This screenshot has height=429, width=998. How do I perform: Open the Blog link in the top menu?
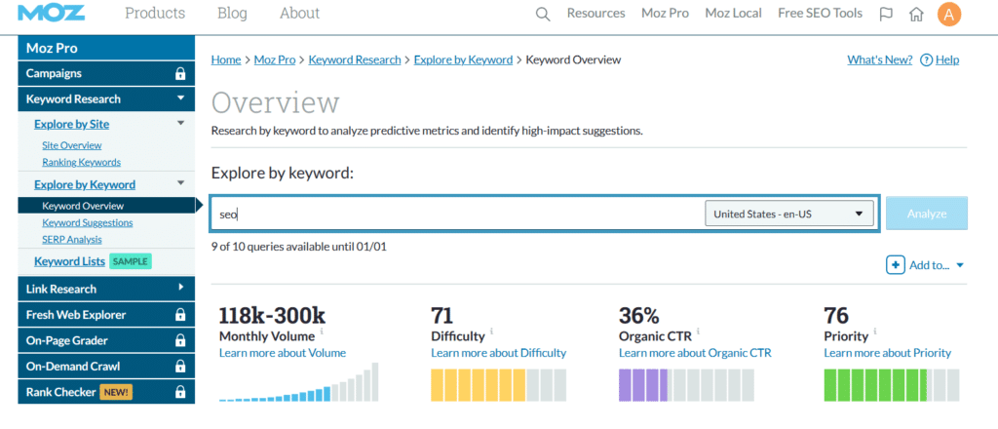click(x=232, y=14)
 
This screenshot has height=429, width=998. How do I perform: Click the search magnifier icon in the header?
click(x=544, y=14)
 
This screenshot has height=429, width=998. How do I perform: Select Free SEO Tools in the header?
click(x=820, y=14)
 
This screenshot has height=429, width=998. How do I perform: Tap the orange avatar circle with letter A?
click(x=948, y=14)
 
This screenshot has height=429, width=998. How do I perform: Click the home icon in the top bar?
click(x=916, y=14)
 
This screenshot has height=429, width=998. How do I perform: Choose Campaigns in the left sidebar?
click(x=55, y=73)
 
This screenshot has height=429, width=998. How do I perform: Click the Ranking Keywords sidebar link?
click(x=81, y=162)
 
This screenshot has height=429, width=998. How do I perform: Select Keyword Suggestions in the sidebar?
click(x=87, y=222)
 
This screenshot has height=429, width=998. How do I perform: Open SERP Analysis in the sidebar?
click(x=71, y=239)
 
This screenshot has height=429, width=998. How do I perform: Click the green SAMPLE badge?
click(x=130, y=261)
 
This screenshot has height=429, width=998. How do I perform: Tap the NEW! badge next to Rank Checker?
click(x=115, y=392)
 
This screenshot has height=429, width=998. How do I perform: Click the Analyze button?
click(x=926, y=214)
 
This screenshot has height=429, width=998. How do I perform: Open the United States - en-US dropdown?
click(x=788, y=214)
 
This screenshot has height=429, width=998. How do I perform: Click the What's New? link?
click(x=879, y=59)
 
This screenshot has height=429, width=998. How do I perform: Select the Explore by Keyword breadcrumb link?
click(x=463, y=59)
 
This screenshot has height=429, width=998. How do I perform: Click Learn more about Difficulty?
click(x=498, y=353)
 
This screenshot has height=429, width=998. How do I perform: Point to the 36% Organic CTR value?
click(x=639, y=315)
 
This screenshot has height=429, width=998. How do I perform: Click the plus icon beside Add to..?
click(x=895, y=265)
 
